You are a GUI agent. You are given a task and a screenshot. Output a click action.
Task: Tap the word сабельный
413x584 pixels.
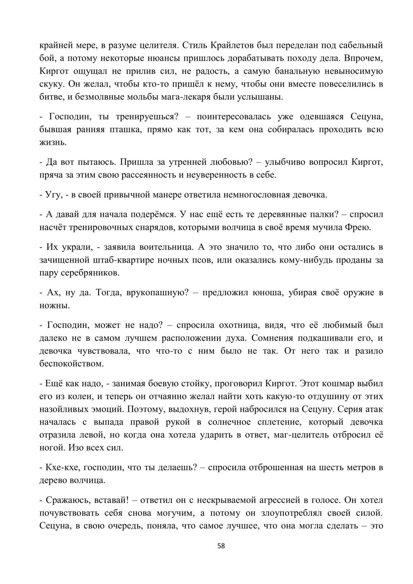(358, 45)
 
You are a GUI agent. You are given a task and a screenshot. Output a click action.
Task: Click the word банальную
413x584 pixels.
(293, 71)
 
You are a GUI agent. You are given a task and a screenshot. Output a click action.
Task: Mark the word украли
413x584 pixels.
(76, 247)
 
